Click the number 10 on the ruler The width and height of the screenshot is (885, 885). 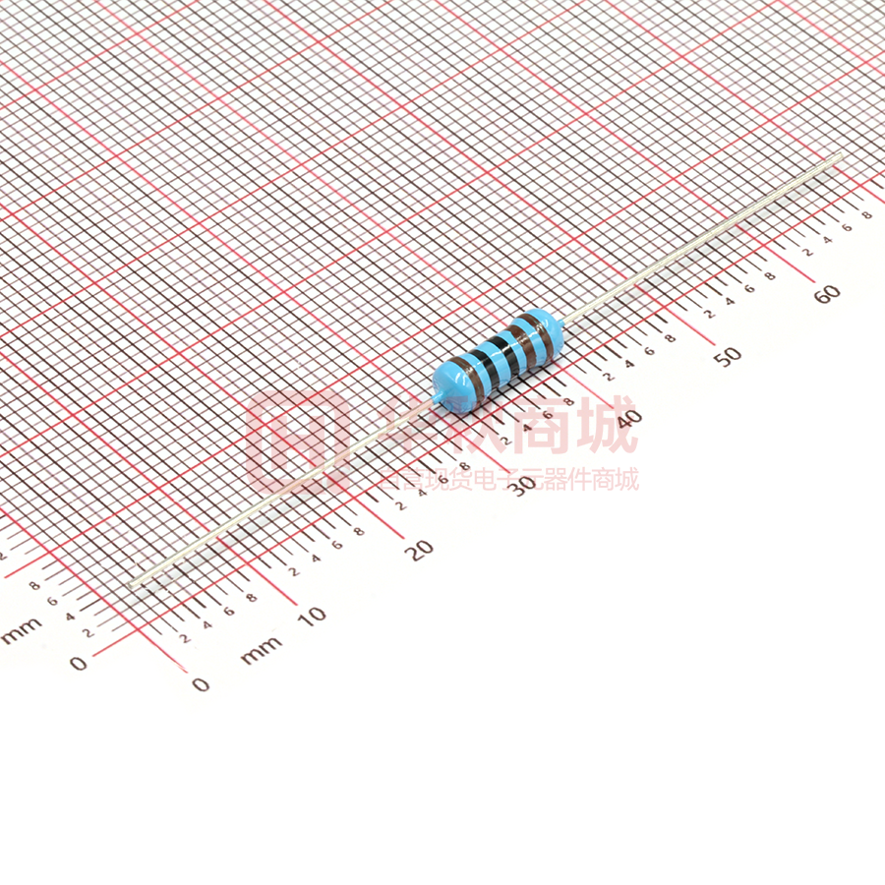click(312, 616)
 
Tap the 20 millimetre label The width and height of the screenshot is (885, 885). click(421, 550)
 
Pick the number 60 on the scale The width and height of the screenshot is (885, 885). click(827, 293)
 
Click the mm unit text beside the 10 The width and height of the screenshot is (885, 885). click(261, 648)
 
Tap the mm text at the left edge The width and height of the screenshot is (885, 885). click(22, 629)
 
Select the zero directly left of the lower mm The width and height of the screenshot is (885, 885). click(201, 684)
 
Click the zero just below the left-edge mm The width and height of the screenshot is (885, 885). click(79, 664)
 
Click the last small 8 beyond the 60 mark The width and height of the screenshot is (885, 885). click(866, 214)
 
